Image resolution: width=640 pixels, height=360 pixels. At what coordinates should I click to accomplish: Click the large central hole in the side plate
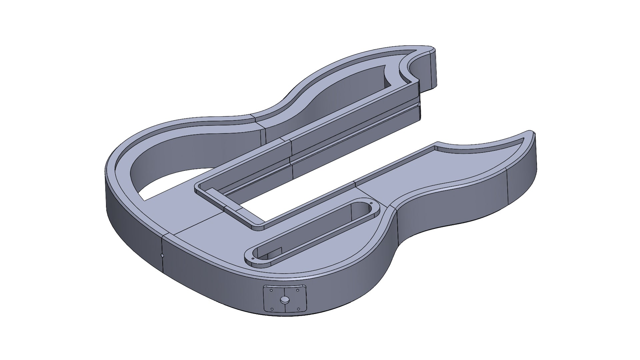[x=285, y=300]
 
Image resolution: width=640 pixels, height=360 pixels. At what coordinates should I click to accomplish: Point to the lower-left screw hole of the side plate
[x=272, y=309]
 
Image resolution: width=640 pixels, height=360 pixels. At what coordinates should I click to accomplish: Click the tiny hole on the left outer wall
[x=162, y=256]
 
